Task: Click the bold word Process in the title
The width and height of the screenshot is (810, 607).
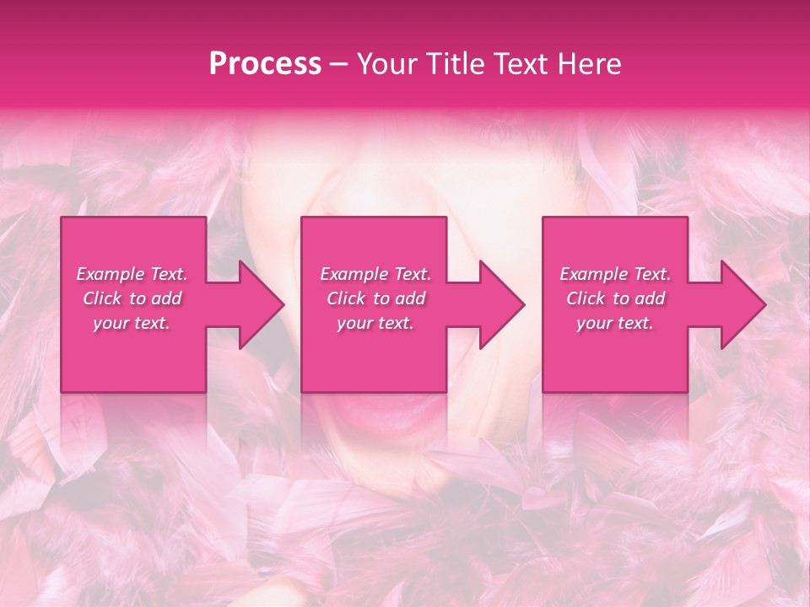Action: (x=265, y=63)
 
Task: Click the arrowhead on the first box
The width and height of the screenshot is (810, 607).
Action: (x=258, y=304)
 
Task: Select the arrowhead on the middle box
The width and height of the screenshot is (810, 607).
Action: (x=499, y=304)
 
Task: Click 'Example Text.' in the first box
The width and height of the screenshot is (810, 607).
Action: (x=132, y=274)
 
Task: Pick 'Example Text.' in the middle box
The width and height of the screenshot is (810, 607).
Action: (x=375, y=274)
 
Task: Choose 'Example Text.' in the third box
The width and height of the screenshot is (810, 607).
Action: (x=615, y=274)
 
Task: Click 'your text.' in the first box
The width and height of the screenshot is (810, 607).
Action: (x=132, y=323)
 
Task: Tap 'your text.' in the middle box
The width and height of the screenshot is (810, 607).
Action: (x=375, y=323)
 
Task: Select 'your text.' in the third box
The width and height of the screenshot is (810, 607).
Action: (x=615, y=323)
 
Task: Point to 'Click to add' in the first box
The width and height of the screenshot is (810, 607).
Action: (x=132, y=298)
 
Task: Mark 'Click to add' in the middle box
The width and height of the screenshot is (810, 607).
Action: (x=375, y=298)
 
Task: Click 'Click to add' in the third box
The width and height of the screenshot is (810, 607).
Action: (x=615, y=298)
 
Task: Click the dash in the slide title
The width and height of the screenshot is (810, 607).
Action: (x=338, y=64)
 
